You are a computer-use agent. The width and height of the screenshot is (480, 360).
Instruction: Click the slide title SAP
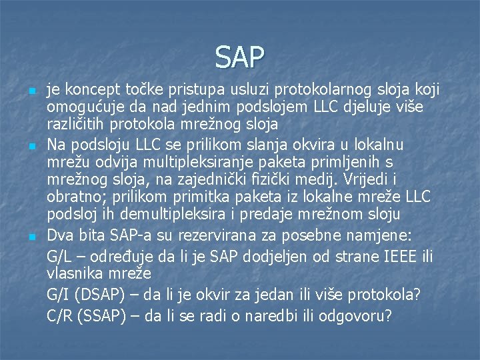click(240, 57)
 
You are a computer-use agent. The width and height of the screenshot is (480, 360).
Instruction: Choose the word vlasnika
click(75, 273)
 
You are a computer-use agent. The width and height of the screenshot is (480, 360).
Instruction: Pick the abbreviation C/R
click(61, 315)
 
